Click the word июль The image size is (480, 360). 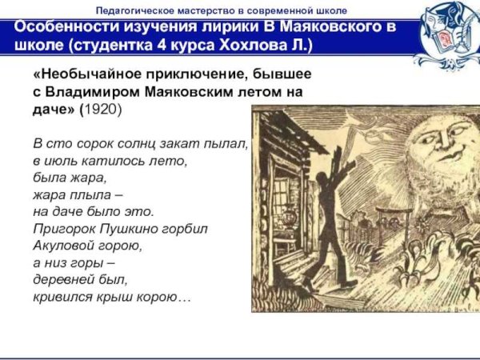point(58,161)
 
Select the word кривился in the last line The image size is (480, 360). point(62,297)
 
